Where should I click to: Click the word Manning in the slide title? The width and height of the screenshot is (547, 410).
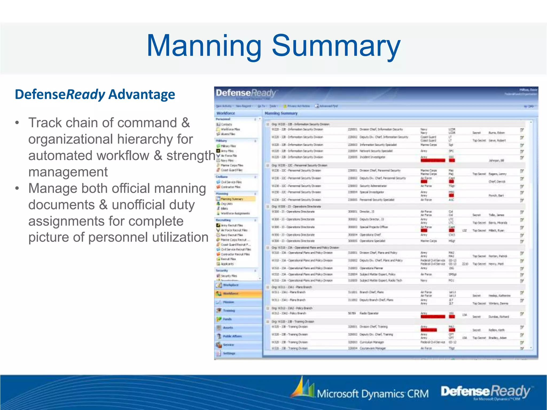tap(204, 46)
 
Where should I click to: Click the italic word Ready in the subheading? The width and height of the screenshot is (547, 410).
tap(85, 94)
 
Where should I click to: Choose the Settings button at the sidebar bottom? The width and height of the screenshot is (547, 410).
tap(229, 353)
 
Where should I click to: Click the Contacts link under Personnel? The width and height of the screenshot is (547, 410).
tap(226, 124)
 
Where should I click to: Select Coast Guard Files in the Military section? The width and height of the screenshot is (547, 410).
tap(231, 170)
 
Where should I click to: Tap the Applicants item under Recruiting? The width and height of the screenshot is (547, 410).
tap(227, 264)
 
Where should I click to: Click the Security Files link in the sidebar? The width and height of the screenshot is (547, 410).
tap(229, 276)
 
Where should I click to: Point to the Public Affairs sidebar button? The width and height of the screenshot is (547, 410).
tap(232, 336)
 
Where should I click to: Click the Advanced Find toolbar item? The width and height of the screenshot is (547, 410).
tap(328, 106)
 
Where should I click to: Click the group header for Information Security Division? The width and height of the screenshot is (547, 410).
tap(300, 124)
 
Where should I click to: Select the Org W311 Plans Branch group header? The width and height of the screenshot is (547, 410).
tap(291, 287)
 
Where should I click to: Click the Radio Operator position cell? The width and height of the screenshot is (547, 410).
tap(369, 313)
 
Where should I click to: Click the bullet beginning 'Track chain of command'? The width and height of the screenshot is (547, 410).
tap(109, 123)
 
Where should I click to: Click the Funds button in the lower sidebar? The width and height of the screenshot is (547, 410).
tap(227, 319)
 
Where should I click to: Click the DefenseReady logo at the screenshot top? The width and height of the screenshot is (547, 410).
tap(246, 93)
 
